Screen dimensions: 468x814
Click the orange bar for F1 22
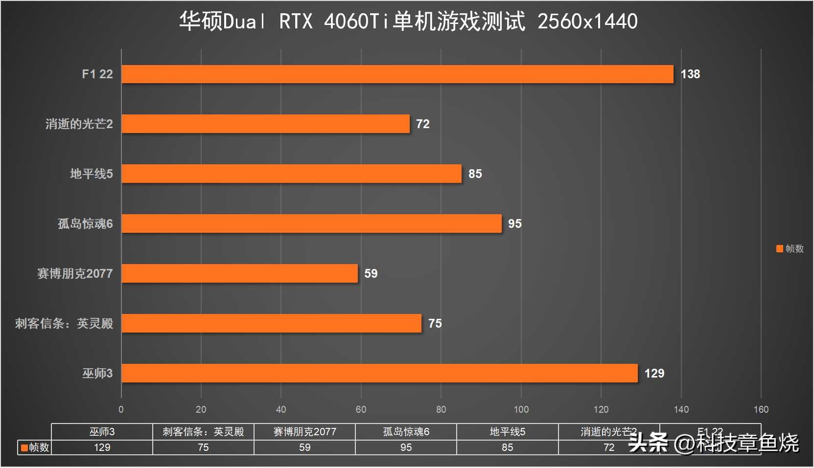397,74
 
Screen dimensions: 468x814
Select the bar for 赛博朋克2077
239,273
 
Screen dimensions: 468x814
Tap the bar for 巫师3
379,373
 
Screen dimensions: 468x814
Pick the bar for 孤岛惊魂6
311,223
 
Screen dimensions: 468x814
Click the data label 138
690,74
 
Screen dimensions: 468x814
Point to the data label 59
371,273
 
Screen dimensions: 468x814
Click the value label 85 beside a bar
475,174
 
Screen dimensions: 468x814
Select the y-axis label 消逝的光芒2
79,124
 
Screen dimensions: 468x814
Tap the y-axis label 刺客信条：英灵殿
64,323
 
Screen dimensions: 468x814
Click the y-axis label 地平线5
91,174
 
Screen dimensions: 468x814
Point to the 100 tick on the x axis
521,409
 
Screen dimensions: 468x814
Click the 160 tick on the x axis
761,409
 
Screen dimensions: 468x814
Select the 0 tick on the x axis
121,409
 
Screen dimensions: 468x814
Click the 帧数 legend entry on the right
790,248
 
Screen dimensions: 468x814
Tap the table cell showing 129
102,447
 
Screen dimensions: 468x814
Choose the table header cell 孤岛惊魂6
406,432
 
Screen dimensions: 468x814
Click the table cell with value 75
203,447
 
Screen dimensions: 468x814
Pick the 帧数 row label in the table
35,447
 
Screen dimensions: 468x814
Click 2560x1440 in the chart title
587,22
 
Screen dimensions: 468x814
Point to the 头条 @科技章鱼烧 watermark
713,443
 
